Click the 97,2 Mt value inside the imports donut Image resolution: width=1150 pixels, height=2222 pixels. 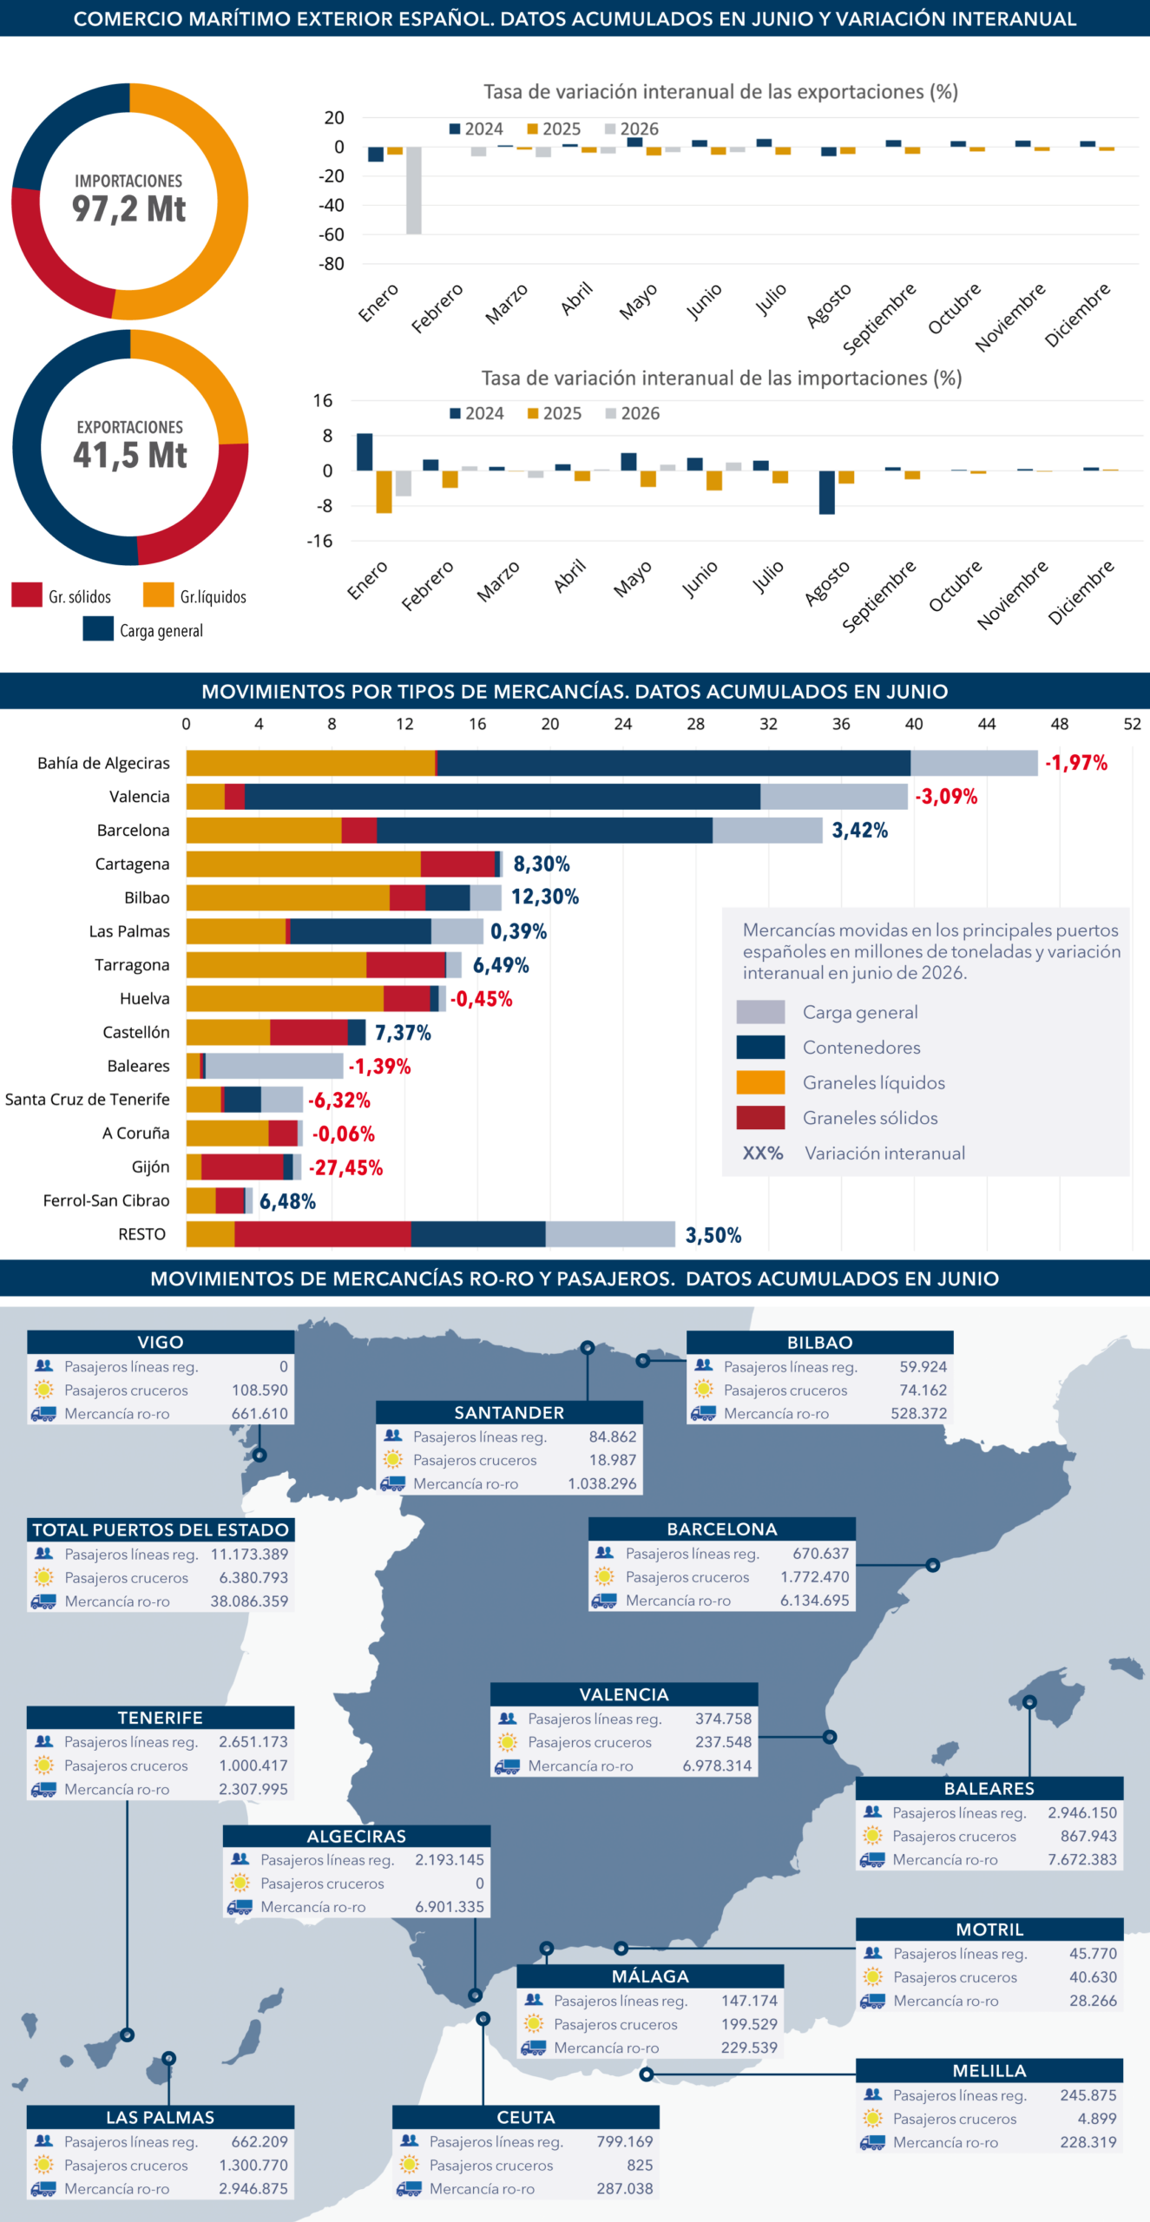click(128, 209)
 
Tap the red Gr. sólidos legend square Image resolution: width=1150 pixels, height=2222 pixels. click(27, 595)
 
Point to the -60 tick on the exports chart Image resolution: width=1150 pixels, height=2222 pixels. click(332, 234)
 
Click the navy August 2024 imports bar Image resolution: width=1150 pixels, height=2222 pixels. click(827, 492)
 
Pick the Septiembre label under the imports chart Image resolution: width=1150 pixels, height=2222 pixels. click(878, 595)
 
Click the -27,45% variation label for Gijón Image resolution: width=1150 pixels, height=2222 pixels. click(345, 1167)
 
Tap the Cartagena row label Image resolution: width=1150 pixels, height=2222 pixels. click(132, 864)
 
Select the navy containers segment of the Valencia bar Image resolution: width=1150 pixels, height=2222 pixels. click(502, 797)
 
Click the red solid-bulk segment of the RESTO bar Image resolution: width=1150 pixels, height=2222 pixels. click(322, 1234)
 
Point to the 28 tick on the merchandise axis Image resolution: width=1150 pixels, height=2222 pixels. click(695, 724)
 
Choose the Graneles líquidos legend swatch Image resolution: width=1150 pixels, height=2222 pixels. click(760, 1082)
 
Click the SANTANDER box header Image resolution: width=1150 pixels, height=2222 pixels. click(509, 1412)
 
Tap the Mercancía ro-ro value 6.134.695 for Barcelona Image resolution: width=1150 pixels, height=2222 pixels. click(814, 1600)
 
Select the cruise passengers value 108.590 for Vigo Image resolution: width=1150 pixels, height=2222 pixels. click(260, 1390)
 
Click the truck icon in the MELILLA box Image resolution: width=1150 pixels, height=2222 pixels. click(872, 2142)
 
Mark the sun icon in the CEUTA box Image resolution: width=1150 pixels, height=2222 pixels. click(410, 2165)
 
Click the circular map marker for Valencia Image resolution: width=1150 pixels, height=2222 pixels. click(830, 1737)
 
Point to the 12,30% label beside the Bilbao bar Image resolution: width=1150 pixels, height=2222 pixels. click(544, 897)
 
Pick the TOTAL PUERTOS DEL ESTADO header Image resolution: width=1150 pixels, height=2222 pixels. click(161, 1529)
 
